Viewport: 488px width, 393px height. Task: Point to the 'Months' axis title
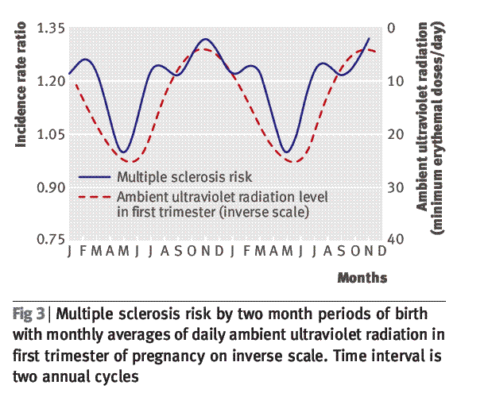362,278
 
